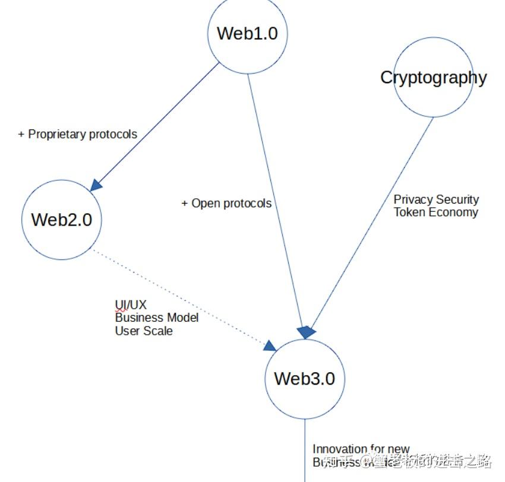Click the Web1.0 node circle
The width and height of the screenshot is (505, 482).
(x=247, y=34)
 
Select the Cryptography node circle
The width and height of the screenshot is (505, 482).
(x=434, y=77)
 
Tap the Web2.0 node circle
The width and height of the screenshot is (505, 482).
(x=61, y=220)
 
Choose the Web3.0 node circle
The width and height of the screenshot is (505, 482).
(x=304, y=379)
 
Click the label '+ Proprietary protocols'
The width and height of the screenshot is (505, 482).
(x=78, y=134)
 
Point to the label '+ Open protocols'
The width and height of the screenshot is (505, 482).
(x=226, y=204)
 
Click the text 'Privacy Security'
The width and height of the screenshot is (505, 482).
(x=436, y=199)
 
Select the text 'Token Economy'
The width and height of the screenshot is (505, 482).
(x=435, y=212)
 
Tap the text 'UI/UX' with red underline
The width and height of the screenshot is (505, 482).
(x=130, y=305)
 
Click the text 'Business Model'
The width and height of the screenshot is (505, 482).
(x=157, y=318)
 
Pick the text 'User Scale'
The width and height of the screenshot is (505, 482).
(x=144, y=331)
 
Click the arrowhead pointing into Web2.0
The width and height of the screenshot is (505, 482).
(x=96, y=185)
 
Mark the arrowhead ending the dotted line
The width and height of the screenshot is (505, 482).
(x=270, y=345)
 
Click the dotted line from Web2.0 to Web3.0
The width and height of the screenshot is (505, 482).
(x=178, y=297)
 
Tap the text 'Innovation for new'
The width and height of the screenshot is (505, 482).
(x=361, y=449)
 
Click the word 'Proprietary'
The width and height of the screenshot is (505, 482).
(x=57, y=134)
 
